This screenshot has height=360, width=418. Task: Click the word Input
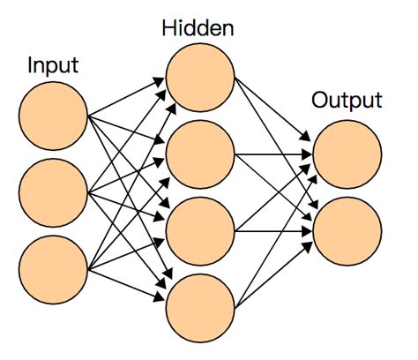pos(54,65)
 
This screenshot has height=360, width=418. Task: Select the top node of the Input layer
pos(53,116)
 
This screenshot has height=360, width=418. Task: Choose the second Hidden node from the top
pos(199,155)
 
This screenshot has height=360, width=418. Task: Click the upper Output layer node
pos(347,154)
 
